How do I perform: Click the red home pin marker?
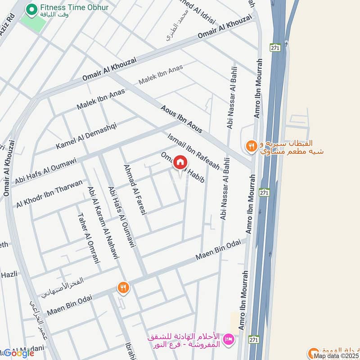(180, 163)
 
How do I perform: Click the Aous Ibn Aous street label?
(181, 119)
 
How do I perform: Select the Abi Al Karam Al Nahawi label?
(103, 223)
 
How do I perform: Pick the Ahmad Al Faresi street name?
(135, 189)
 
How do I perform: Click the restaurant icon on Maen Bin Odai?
(122, 287)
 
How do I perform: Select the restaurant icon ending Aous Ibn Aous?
(251, 146)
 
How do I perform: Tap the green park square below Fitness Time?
(32, 23)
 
